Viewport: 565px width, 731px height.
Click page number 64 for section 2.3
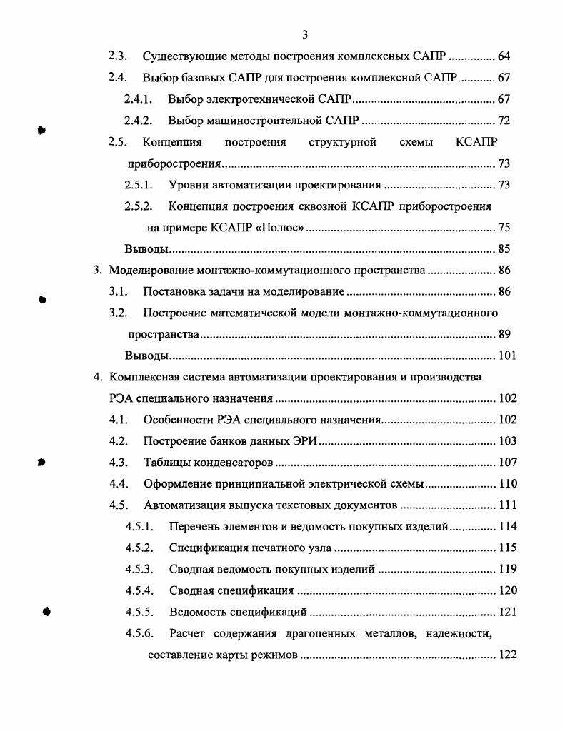point(503,56)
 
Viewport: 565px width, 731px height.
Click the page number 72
point(503,121)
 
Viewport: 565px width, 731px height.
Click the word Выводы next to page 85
point(146,249)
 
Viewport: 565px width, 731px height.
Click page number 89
point(503,334)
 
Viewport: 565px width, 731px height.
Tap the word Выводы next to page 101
point(146,356)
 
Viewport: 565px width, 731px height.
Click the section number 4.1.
point(118,420)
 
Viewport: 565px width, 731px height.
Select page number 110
point(506,484)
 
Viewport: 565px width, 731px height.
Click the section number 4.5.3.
point(139,570)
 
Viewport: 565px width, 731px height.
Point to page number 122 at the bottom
point(506,655)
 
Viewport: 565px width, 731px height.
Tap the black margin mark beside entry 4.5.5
point(47,611)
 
